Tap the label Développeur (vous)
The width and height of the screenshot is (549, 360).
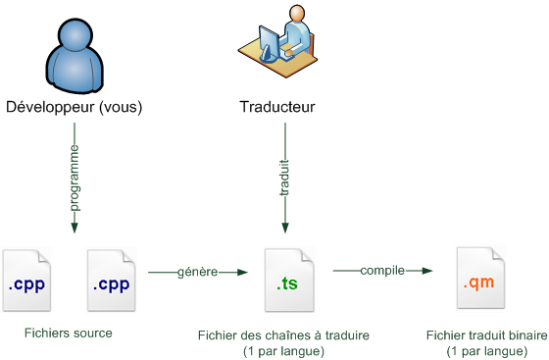[x=75, y=107]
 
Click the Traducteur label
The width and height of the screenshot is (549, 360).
[x=277, y=107]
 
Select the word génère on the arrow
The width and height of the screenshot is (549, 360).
[x=196, y=271]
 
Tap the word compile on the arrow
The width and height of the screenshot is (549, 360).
[x=382, y=271]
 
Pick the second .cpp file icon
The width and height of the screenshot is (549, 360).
[x=111, y=283]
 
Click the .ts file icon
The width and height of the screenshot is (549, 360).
[x=288, y=283]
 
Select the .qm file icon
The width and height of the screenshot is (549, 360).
[x=479, y=283]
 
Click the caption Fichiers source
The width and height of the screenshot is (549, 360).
[x=69, y=333]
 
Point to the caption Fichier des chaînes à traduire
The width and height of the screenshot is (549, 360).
[x=283, y=335]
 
